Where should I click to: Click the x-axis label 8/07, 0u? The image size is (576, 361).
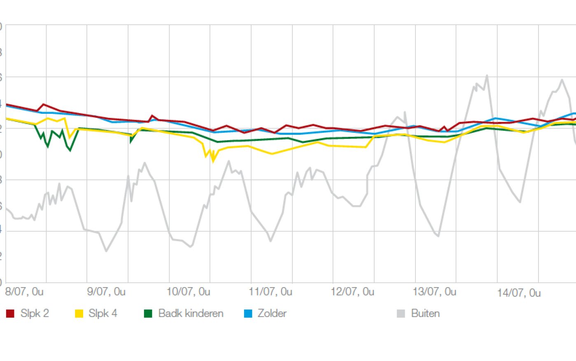click(x=24, y=292)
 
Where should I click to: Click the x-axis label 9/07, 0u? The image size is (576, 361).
click(x=106, y=292)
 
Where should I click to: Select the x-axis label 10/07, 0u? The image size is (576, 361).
click(x=188, y=292)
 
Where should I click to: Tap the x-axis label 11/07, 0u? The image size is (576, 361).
click(x=271, y=292)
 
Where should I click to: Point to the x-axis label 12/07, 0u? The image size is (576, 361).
click(x=352, y=292)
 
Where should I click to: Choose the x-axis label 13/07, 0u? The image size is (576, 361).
click(x=434, y=292)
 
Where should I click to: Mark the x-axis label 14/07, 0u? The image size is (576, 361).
click(x=519, y=293)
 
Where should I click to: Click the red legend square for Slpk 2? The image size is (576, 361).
click(x=10, y=314)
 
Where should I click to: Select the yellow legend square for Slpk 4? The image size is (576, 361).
click(x=79, y=314)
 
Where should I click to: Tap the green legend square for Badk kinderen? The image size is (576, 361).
click(x=148, y=314)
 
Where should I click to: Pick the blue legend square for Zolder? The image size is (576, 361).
click(x=248, y=314)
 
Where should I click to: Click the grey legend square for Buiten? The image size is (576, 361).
click(x=401, y=314)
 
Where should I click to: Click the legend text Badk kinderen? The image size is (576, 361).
click(x=191, y=314)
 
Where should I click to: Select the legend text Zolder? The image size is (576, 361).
click(x=272, y=314)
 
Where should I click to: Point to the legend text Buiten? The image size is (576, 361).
click(x=425, y=314)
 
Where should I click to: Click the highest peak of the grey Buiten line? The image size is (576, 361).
click(x=487, y=75)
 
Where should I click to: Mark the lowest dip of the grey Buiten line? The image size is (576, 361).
click(x=106, y=251)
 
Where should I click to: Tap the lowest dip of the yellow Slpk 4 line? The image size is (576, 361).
click(x=213, y=161)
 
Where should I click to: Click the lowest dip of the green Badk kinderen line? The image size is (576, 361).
click(x=70, y=150)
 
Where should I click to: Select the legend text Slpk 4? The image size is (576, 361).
click(x=103, y=314)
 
